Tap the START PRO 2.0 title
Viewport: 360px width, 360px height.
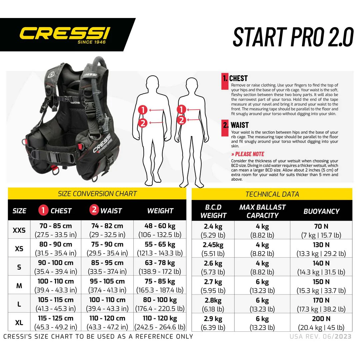tap(293, 36)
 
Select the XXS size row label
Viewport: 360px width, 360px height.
tap(19, 230)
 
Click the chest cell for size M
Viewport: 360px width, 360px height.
tap(56, 285)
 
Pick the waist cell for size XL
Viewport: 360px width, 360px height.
tap(107, 322)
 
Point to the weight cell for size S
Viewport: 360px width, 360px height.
tap(160, 267)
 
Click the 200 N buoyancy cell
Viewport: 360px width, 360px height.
tap(321, 323)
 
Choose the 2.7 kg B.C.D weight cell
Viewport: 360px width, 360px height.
tap(213, 286)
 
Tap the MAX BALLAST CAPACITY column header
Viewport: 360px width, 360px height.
tap(262, 211)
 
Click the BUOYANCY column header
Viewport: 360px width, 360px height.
tap(321, 211)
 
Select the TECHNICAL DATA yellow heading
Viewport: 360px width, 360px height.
tap(272, 194)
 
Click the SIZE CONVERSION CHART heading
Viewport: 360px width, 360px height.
tap(97, 194)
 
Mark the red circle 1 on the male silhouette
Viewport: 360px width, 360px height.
tap(143, 110)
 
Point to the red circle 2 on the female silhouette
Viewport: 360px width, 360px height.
tap(182, 120)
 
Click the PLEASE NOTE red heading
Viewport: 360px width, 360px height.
tap(248, 154)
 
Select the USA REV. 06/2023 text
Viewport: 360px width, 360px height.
tap(320, 336)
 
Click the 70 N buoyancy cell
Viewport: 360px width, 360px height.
tap(321, 230)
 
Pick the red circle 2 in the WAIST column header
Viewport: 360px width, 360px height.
tap(94, 210)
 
